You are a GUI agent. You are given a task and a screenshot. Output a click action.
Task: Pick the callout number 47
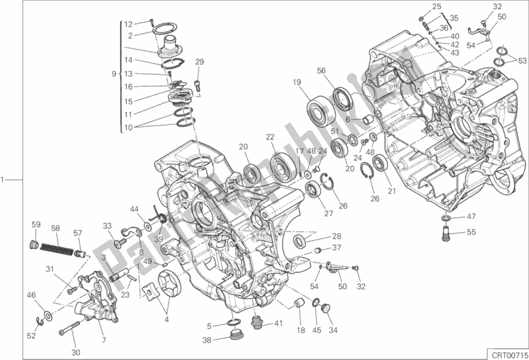click(471, 216)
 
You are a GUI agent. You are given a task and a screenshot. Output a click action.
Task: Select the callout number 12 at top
click(128, 24)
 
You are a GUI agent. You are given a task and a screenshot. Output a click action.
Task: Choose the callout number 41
click(278, 324)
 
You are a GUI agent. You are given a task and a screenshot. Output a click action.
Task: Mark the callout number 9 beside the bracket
click(113, 73)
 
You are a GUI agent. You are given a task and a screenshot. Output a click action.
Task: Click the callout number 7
click(103, 322)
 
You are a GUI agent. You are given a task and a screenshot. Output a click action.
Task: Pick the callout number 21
click(391, 191)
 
